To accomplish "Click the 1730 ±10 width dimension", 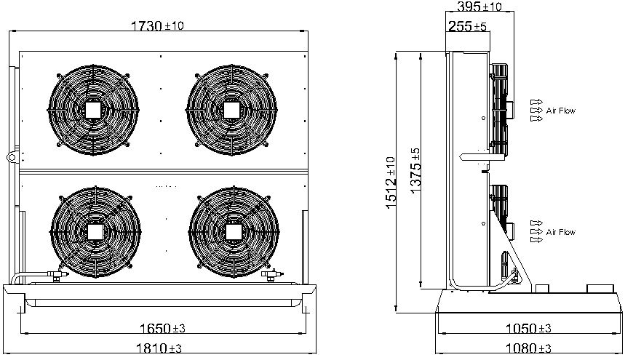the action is [x=157, y=26].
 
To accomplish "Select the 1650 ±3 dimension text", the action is [x=162, y=329].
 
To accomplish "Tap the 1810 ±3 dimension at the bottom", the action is [x=159, y=348].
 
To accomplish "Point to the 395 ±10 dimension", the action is [x=479, y=7].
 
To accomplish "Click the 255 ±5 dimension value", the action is [x=467, y=26].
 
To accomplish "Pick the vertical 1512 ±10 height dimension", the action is [x=391, y=183].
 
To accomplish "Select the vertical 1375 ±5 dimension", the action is [x=415, y=171].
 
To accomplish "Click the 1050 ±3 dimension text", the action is [x=528, y=329].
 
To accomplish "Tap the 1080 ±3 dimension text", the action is [x=528, y=348].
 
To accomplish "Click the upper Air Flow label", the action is [x=561, y=111].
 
